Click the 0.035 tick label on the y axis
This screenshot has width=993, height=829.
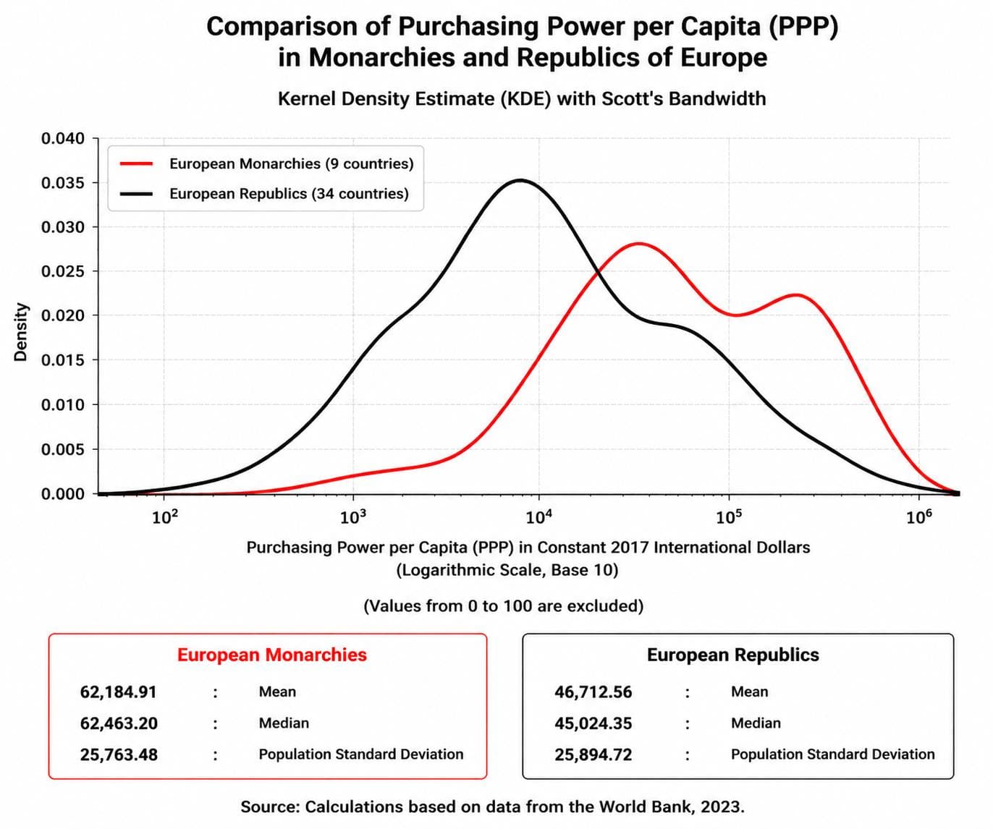(63, 183)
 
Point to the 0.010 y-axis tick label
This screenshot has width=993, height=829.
(63, 405)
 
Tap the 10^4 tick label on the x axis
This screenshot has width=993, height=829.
(538, 516)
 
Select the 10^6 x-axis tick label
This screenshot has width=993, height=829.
(918, 516)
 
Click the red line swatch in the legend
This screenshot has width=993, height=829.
(137, 164)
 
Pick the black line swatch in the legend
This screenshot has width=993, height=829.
(137, 194)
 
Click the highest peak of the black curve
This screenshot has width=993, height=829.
(521, 180)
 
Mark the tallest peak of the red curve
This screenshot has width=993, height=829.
(638, 244)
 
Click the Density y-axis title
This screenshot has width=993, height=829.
(20, 332)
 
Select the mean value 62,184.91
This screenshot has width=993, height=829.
(119, 692)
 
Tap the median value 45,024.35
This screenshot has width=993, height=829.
(593, 723)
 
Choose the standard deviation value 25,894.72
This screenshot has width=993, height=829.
(593, 754)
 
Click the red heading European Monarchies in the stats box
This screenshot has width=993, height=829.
(272, 655)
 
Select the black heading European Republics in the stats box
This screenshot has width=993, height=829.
(733, 655)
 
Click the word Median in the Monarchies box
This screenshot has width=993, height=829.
(284, 723)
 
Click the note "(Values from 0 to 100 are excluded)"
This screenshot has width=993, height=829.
(503, 605)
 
